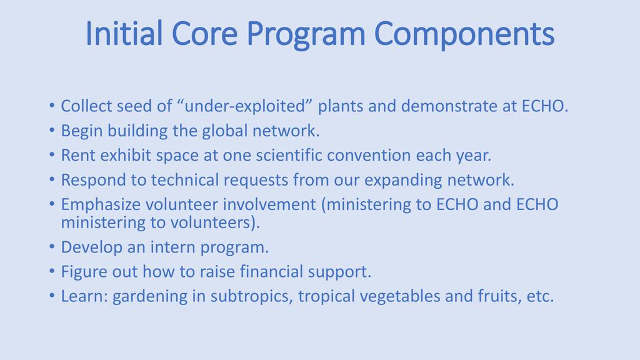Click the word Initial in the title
point(124,34)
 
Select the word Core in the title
point(204,34)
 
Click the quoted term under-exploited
point(244,106)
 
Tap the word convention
point(369,156)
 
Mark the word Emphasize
point(101,205)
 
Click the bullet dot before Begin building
point(52,130)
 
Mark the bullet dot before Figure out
point(52,271)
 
